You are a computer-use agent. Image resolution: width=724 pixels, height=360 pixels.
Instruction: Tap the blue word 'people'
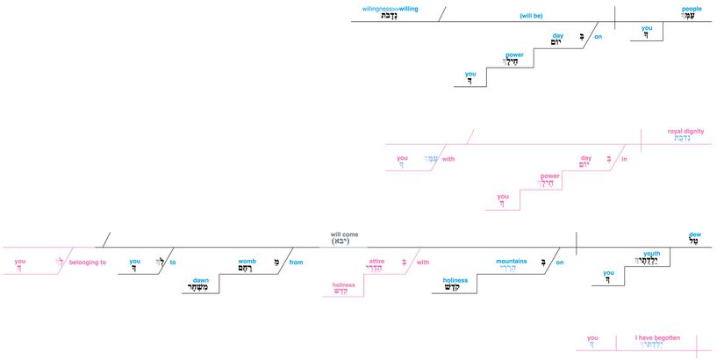(692, 9)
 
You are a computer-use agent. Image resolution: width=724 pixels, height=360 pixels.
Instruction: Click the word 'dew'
(696, 234)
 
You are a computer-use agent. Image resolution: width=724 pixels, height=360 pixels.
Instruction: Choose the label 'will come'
(344, 235)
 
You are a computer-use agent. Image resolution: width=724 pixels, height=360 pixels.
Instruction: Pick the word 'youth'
(652, 253)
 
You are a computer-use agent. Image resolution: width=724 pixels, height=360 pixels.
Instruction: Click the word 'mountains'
(511, 261)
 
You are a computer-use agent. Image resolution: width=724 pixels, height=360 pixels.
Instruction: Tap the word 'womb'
(247, 261)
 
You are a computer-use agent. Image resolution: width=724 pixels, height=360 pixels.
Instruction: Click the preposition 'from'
(296, 262)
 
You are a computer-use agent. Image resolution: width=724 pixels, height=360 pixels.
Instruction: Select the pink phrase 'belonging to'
(88, 262)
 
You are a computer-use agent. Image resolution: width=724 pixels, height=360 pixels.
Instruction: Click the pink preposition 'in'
(624, 159)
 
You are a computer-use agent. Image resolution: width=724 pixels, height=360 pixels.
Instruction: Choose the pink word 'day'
(586, 158)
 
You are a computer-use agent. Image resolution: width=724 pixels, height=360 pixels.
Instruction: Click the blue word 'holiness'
(455, 280)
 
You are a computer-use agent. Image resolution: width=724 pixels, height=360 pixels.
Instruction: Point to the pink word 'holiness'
(344, 285)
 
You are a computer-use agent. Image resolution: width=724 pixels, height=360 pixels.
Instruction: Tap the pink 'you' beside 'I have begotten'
(592, 338)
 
